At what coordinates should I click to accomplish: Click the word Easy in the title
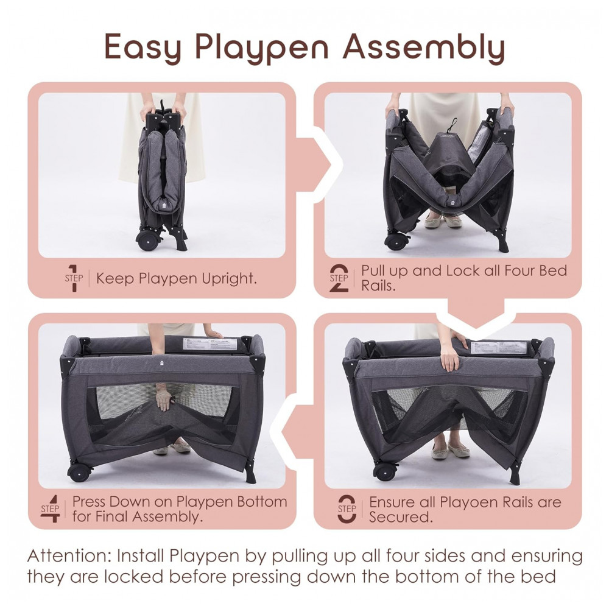point(143,48)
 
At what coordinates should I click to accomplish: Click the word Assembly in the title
point(424,48)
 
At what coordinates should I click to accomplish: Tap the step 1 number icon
point(74,278)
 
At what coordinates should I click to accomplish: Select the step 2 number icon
point(339,278)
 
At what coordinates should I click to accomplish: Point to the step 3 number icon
point(347,509)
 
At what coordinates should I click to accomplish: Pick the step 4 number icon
point(51,509)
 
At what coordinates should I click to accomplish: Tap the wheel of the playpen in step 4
point(80,472)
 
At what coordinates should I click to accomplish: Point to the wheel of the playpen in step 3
point(385,471)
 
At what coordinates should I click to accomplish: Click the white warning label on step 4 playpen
point(209,343)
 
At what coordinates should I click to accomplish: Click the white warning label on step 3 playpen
point(498,347)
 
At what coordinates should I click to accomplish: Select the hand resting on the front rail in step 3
point(450,358)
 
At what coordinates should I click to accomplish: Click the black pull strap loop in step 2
point(451,126)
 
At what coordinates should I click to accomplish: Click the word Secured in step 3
point(401,517)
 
